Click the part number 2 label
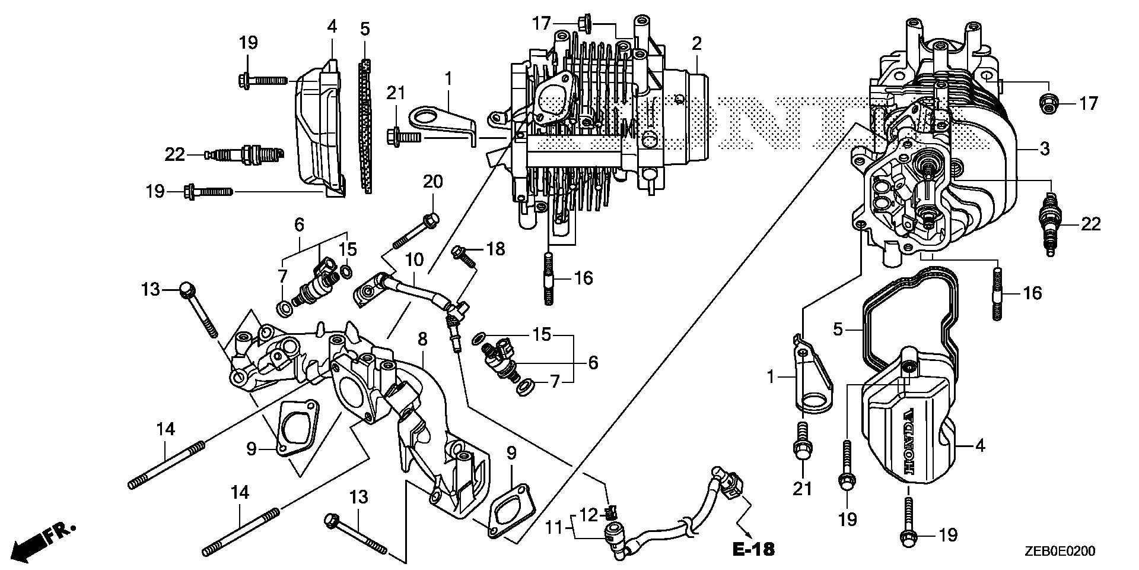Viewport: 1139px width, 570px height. [696, 43]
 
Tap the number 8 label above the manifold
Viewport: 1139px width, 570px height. [422, 340]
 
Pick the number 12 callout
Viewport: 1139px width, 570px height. [588, 515]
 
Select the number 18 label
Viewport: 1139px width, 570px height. [496, 249]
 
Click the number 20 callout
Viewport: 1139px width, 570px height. [433, 182]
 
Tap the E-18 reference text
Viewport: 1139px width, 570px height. [753, 549]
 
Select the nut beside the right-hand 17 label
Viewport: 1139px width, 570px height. [1049, 104]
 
